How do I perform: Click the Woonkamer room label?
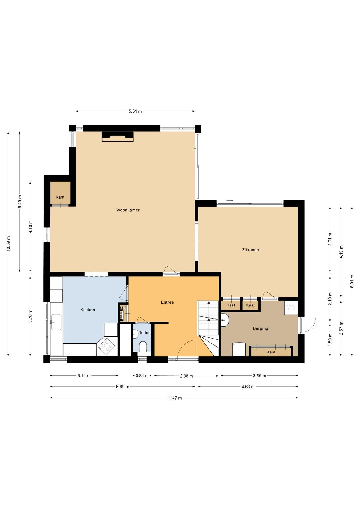pyautogui.click(x=128, y=210)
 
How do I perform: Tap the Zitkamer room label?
pyautogui.click(x=251, y=250)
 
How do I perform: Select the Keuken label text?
pyautogui.click(x=87, y=310)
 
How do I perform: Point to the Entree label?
pyautogui.click(x=167, y=302)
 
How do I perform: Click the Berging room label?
pyautogui.click(x=260, y=328)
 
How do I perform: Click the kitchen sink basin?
pyautogui.click(x=56, y=322)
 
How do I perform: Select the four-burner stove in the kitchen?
pyautogui.click(x=106, y=346)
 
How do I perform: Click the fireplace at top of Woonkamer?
pyautogui.click(x=117, y=137)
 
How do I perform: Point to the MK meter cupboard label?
pyautogui.click(x=123, y=308)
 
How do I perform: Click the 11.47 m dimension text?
pyautogui.click(x=174, y=398)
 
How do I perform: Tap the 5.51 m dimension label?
pyautogui.click(x=135, y=111)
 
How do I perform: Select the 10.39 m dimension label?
pyautogui.click(x=8, y=243)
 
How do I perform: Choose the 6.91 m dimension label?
pyautogui.click(x=352, y=281)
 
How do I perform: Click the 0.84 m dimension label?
pyautogui.click(x=142, y=376)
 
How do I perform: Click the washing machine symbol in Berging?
pyautogui.click(x=291, y=308)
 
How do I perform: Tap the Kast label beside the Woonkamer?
pyautogui.click(x=60, y=197)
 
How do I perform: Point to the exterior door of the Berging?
pyautogui.click(x=308, y=325)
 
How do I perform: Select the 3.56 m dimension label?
pyautogui.click(x=260, y=376)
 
